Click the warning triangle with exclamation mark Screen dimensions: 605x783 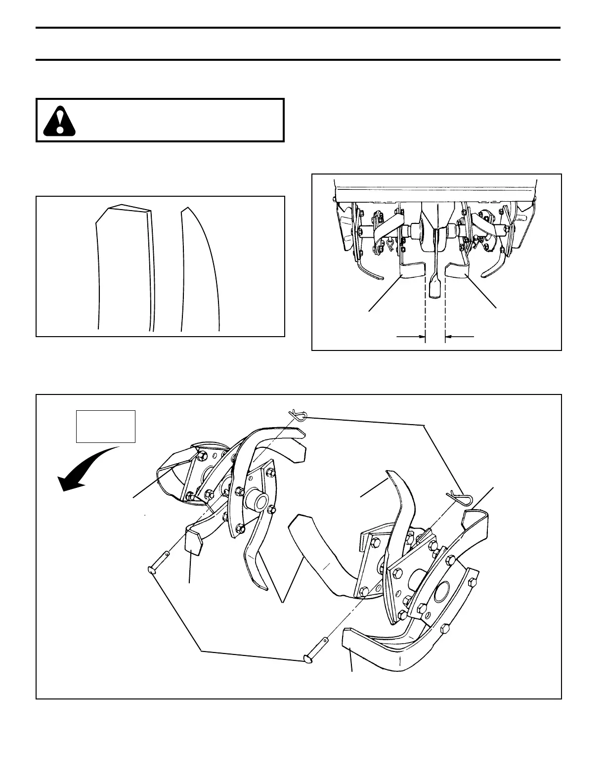[x=59, y=121]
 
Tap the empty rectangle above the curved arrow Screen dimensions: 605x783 [x=105, y=426]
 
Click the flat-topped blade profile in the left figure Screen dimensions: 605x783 [x=124, y=267]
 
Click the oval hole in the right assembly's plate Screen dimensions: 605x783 [x=441, y=591]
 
